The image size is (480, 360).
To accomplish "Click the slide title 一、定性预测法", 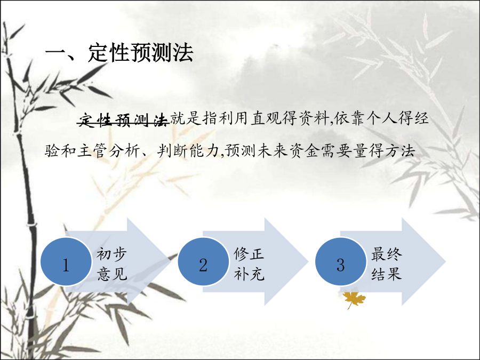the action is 119,52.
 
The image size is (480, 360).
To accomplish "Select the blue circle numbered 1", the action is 66,261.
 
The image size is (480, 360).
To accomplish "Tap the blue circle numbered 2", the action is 203,261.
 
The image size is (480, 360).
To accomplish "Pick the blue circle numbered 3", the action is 341,261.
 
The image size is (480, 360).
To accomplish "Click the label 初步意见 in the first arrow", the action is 112,264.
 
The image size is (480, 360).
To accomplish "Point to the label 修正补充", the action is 249,264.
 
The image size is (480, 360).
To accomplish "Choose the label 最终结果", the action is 386,264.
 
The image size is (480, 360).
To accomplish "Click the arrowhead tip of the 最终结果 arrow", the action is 446,261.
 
